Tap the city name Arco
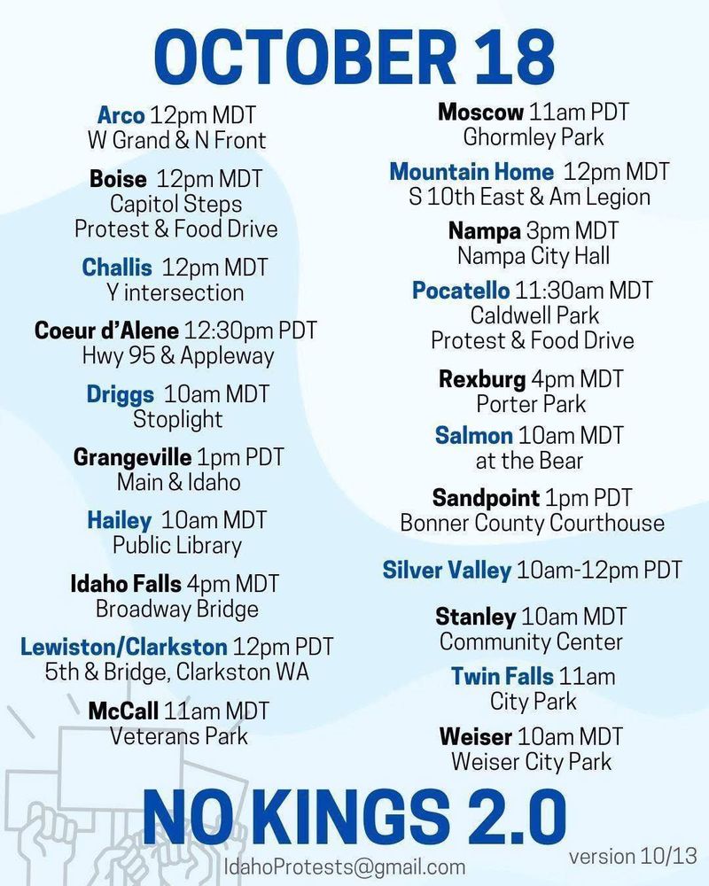click(x=121, y=115)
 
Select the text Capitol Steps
click(x=175, y=204)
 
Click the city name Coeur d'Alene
click(x=106, y=330)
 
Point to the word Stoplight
click(x=177, y=418)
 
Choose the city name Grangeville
click(x=132, y=457)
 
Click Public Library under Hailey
click(x=177, y=544)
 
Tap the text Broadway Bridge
click(x=177, y=609)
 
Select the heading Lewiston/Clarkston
click(x=124, y=646)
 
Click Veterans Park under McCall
click(x=178, y=735)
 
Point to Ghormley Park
click(x=533, y=136)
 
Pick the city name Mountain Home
click(x=471, y=171)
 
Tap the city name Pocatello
click(x=461, y=291)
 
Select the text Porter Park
click(x=532, y=404)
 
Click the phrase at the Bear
click(x=529, y=460)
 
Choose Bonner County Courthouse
click(x=532, y=523)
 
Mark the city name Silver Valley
click(x=447, y=569)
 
